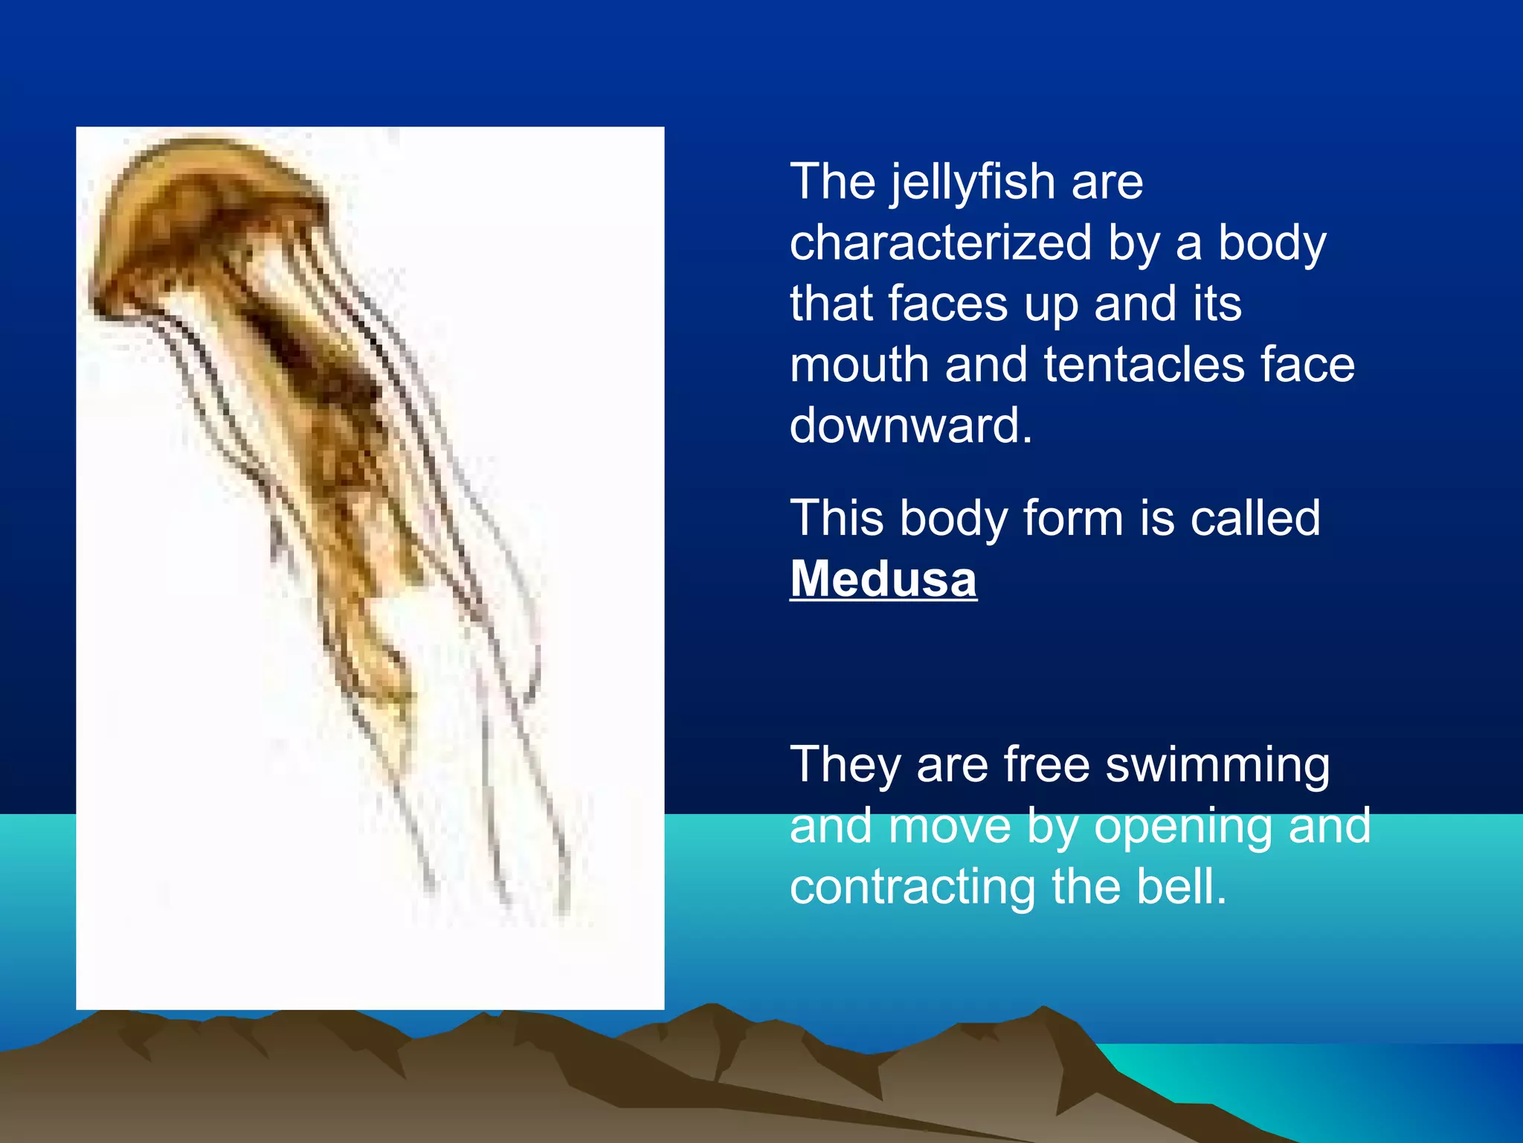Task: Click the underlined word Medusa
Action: tap(883, 579)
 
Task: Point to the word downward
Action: tap(910, 426)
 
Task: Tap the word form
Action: tap(1072, 518)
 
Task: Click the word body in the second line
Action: tap(1271, 243)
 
